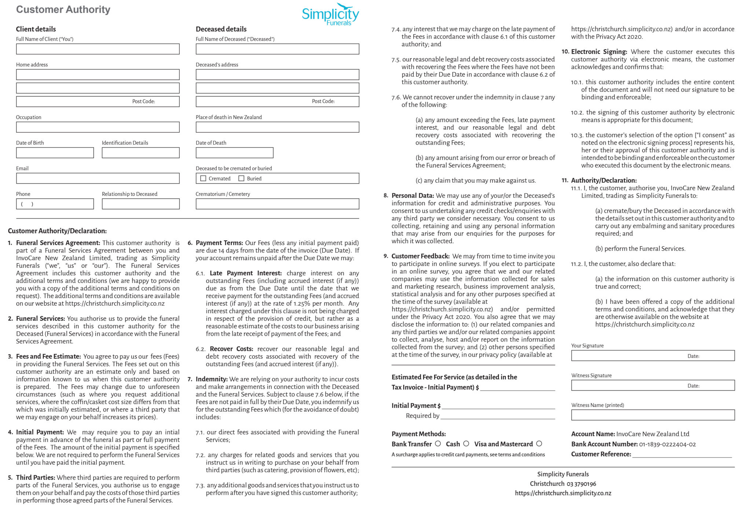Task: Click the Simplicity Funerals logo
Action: tap(330, 15)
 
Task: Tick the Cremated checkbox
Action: tap(203, 178)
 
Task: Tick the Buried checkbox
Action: tap(241, 178)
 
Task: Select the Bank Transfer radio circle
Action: tap(438, 444)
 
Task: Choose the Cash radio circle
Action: tap(466, 444)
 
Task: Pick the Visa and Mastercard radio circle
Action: tap(539, 444)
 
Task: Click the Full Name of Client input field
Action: tap(98, 49)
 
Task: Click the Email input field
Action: tap(98, 178)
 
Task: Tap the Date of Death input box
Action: tap(234, 153)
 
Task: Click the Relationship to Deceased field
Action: tap(140, 204)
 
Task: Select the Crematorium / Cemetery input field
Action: tap(277, 204)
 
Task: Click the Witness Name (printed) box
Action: tap(653, 415)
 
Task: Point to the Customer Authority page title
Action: tap(63, 10)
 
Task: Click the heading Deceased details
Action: tap(221, 29)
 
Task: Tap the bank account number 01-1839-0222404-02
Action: tap(667, 444)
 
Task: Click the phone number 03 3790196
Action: tap(581, 484)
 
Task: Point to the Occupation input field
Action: tap(98, 127)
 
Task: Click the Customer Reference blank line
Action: tap(682, 454)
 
